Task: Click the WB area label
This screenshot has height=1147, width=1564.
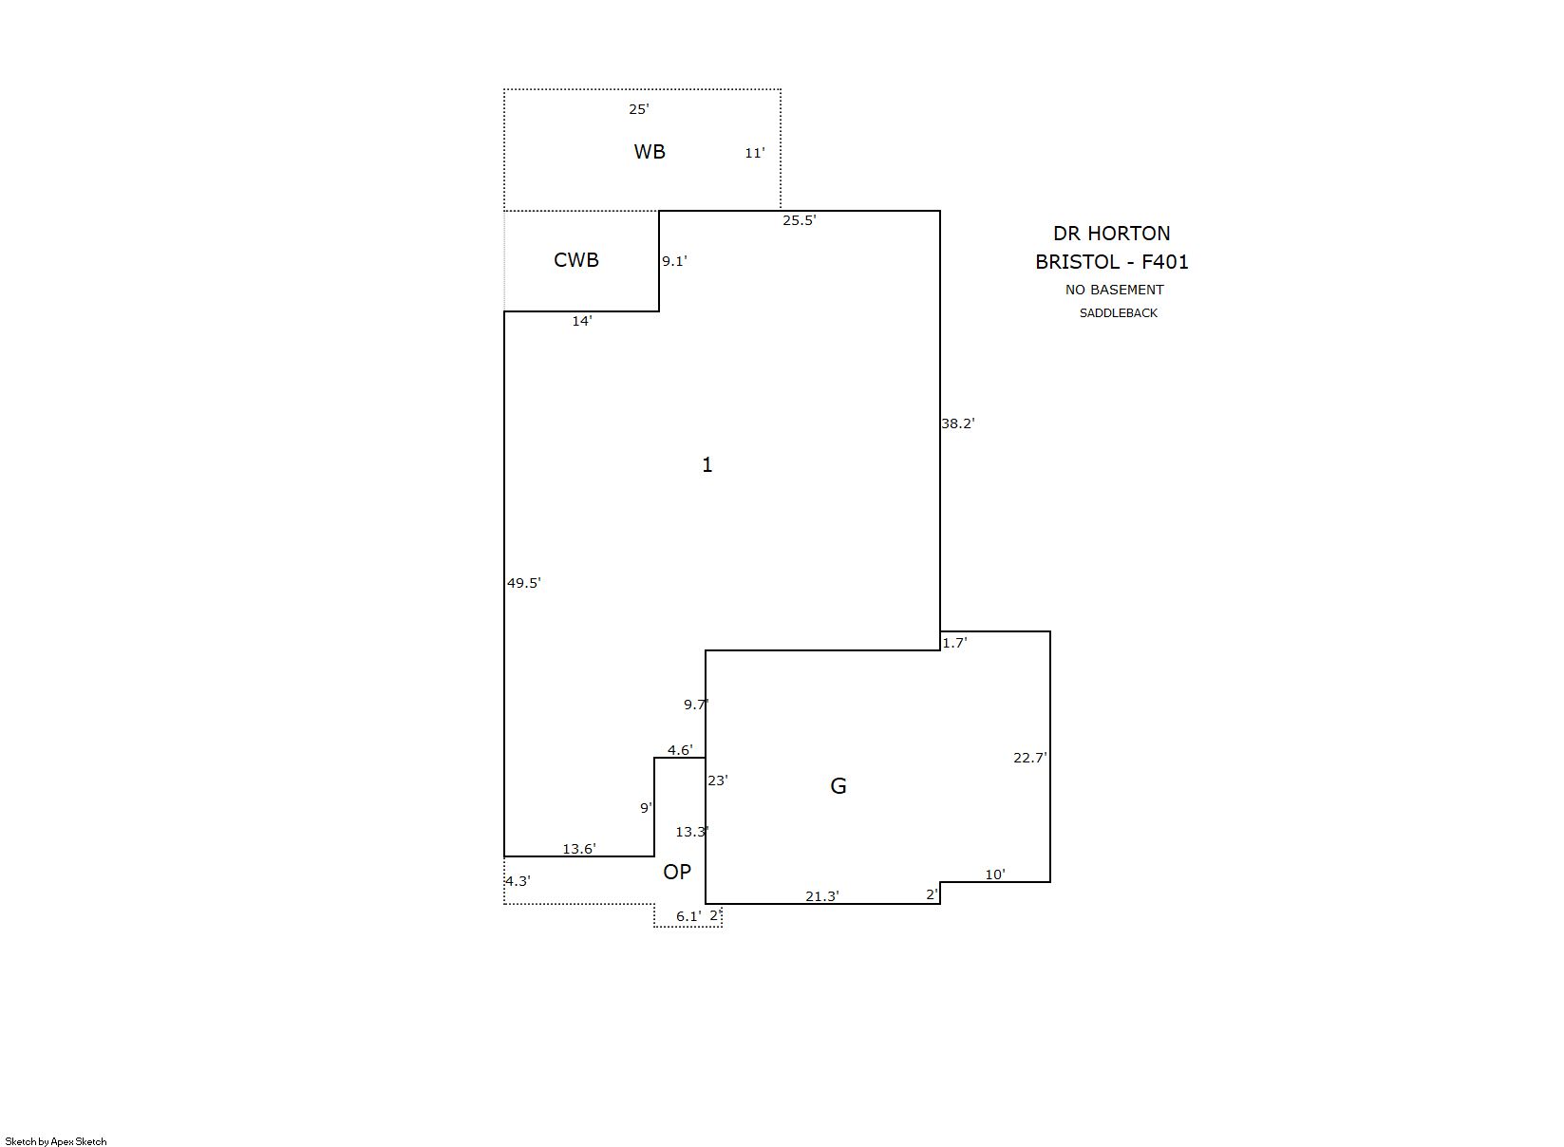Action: coord(650,152)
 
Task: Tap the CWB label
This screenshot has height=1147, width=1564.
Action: coord(576,260)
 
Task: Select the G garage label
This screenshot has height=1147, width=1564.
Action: coord(838,786)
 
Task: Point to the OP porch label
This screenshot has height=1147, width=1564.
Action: coord(676,872)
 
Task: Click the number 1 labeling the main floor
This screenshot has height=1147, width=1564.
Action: coord(707,464)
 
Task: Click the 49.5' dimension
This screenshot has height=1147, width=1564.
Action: coord(523,583)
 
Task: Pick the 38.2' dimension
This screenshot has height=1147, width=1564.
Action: coord(958,423)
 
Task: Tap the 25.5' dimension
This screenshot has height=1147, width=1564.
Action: coord(800,220)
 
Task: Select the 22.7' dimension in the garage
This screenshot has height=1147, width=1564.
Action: coord(1030,758)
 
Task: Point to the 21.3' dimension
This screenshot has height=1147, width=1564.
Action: coord(822,896)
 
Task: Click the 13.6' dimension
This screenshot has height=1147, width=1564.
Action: coord(579,849)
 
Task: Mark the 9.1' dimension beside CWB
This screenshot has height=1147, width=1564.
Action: coord(674,261)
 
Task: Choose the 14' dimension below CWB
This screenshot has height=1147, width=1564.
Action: coord(582,321)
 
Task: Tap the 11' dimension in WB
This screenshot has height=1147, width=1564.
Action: coord(755,153)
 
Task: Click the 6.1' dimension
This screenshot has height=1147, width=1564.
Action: coord(688,916)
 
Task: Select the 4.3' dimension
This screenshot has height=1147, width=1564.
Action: coord(518,881)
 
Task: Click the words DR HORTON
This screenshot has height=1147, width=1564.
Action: coord(1112,234)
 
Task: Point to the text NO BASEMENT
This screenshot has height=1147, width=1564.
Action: coord(1114,290)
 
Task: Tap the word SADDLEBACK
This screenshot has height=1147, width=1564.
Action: coord(1119,313)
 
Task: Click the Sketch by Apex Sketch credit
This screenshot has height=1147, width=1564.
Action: coord(56,1141)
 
